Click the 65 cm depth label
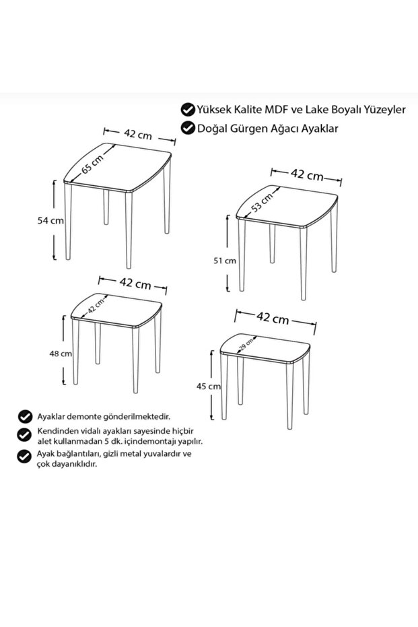click(x=93, y=164)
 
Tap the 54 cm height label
click(x=50, y=220)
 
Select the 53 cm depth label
click(x=262, y=202)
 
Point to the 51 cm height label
click(x=225, y=261)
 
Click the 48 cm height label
click(x=61, y=354)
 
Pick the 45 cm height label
click(x=208, y=387)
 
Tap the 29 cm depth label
click(x=246, y=345)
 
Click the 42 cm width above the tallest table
click(x=138, y=135)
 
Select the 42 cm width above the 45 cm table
click(x=273, y=318)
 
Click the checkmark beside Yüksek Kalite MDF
click(x=187, y=109)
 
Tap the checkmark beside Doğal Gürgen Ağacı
click(x=187, y=128)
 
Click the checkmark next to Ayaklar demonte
click(x=25, y=416)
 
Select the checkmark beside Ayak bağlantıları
click(x=24, y=456)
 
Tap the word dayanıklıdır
click(x=75, y=465)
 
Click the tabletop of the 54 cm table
click(x=118, y=167)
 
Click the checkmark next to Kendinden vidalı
click(x=25, y=434)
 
